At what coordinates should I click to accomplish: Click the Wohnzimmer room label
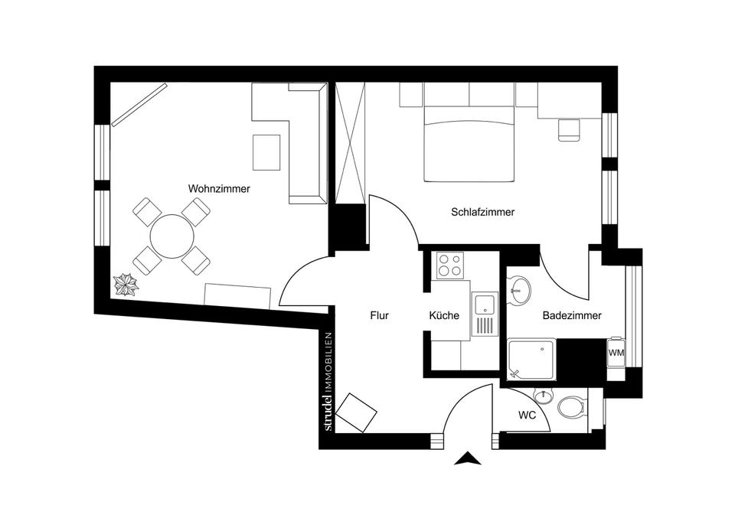220,188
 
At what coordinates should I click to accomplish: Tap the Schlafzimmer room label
482,212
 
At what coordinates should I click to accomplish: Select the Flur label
380,314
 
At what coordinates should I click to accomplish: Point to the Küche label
444,314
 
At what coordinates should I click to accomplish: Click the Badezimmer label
572,315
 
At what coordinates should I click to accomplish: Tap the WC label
526,416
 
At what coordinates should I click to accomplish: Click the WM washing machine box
616,353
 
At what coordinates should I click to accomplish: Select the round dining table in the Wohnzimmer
171,236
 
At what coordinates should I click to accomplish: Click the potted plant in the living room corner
125,285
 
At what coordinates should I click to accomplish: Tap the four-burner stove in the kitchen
449,265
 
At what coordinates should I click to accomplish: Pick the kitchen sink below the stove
484,305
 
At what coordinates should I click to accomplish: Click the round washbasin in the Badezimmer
520,289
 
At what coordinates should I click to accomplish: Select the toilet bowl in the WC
570,406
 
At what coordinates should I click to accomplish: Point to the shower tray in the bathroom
533,360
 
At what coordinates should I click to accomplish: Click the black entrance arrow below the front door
467,459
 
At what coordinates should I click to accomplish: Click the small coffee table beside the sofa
266,152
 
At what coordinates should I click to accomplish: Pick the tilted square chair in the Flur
356,412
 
